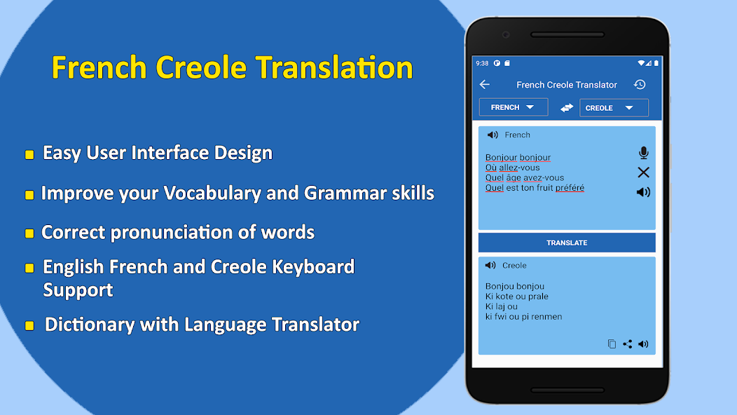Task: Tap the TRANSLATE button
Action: (x=567, y=243)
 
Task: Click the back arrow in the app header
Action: (x=485, y=85)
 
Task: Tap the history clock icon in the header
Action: (x=640, y=85)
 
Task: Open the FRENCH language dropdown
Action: (x=513, y=107)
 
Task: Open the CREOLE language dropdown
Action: (x=613, y=108)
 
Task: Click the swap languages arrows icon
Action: (x=567, y=108)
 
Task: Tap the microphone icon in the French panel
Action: (x=643, y=153)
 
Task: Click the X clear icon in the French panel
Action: (x=643, y=172)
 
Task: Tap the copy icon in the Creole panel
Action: (x=612, y=344)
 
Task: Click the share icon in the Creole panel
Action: (x=628, y=344)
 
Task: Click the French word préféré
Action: (x=570, y=188)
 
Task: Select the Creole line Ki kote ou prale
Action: (x=516, y=297)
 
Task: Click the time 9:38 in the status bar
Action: (x=482, y=63)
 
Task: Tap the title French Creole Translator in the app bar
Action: (x=567, y=85)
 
